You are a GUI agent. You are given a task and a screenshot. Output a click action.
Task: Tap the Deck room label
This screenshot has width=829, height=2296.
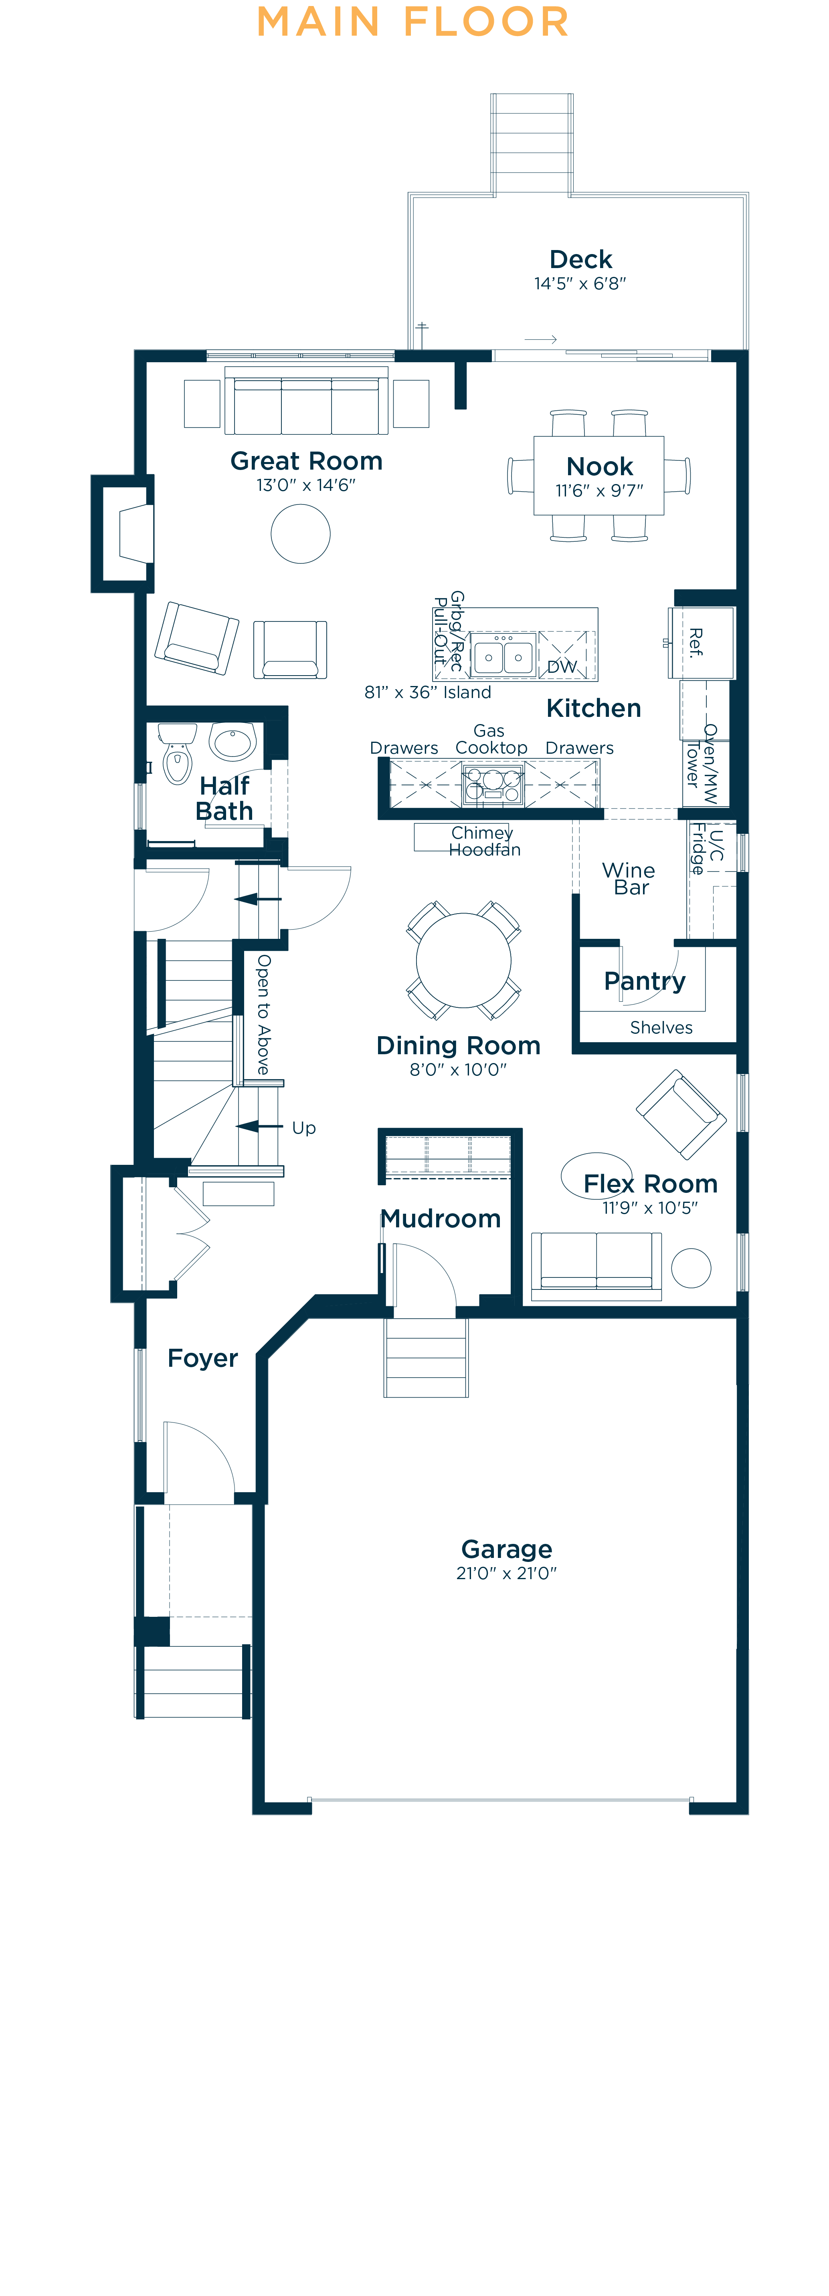pos(580,259)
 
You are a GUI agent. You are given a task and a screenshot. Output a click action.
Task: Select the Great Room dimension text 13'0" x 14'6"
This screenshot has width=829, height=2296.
pos(306,485)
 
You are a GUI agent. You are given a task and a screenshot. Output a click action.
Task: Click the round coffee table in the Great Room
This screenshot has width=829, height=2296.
pos(300,534)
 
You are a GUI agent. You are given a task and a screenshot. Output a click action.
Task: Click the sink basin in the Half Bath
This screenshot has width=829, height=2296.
pos(234,740)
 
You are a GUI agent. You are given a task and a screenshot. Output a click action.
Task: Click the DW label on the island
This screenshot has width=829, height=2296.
pos(562,667)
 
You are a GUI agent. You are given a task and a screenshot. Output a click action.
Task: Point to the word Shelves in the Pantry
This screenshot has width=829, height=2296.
pos(661,1028)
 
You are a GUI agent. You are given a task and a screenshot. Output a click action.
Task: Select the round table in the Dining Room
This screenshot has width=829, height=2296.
pos(463,960)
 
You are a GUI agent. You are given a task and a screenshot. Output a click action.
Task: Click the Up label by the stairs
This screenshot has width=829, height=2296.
pos(304,1128)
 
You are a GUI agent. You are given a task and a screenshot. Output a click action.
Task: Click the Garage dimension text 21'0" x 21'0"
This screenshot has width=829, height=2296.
pos(506,1573)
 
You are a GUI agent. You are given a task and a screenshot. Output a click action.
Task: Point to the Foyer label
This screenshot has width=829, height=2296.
pos(202,1358)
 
